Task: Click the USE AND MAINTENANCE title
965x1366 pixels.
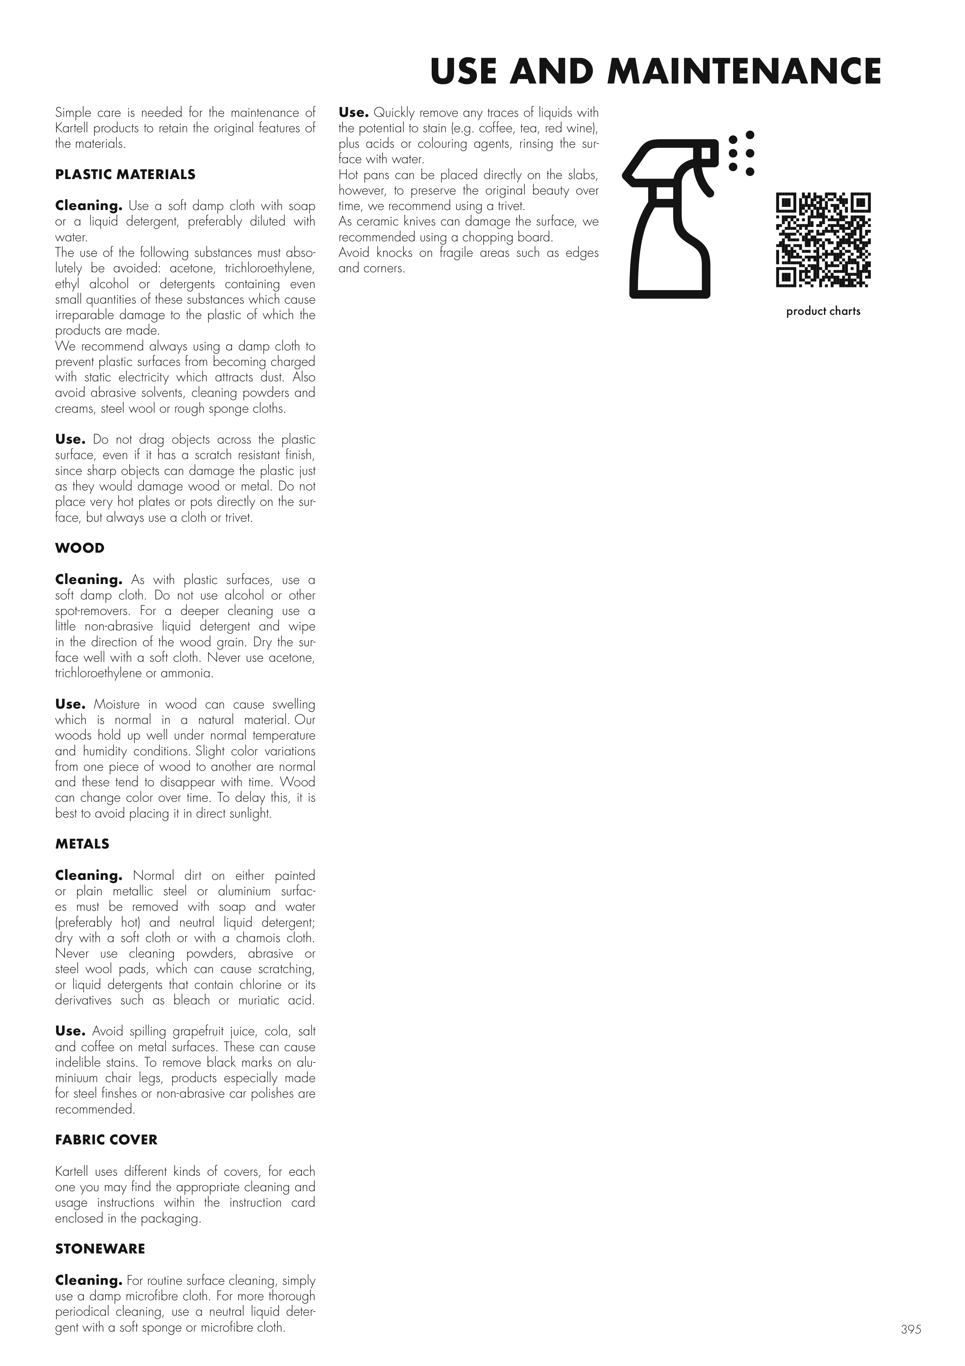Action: (655, 72)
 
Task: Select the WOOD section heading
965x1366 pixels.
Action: (80, 548)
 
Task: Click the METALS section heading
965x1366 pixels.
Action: (82, 844)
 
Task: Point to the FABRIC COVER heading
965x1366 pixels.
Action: (106, 1140)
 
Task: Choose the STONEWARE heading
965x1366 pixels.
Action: (100, 1249)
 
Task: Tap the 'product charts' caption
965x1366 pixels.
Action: (823, 311)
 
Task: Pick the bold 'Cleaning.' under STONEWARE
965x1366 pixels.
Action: (88, 1280)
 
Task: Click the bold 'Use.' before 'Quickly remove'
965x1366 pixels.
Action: (354, 113)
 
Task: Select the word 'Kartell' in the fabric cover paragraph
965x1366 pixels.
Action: (72, 1171)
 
